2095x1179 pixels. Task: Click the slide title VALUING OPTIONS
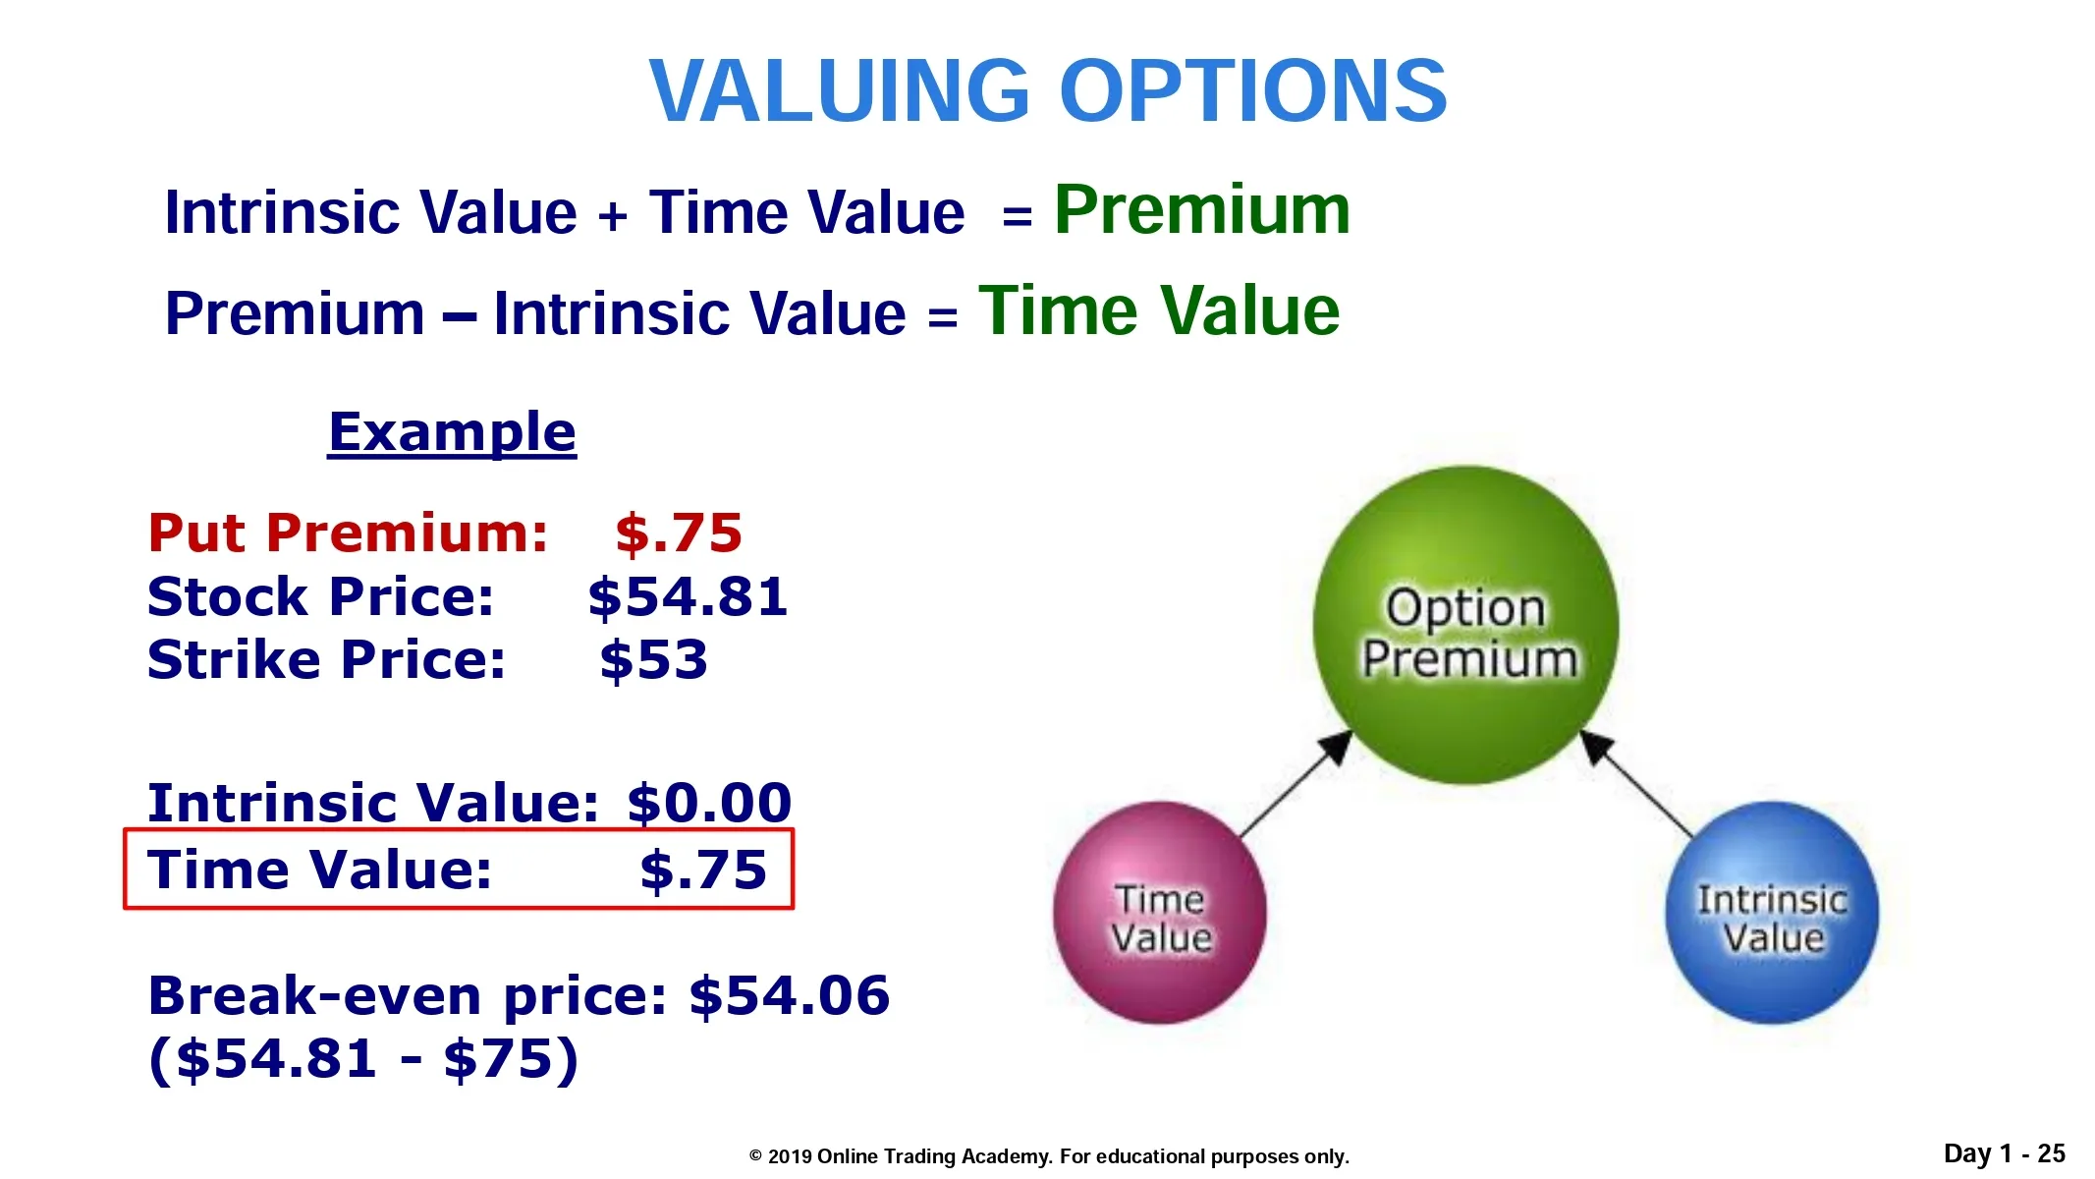(1048, 90)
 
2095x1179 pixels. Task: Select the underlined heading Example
(452, 433)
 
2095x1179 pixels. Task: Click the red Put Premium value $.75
(679, 533)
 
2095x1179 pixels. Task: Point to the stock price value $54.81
(688, 597)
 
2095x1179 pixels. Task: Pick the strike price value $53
(654, 659)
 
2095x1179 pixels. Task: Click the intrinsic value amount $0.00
(709, 803)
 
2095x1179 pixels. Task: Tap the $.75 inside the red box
(703, 870)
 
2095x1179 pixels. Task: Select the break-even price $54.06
(790, 995)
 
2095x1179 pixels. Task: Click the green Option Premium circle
(1465, 625)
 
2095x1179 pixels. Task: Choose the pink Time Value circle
(1160, 914)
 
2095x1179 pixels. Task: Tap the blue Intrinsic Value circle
(1772, 914)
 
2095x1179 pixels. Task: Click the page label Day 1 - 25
(2005, 1153)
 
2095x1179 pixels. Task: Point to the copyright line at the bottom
(1049, 1156)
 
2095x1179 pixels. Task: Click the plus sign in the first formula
(612, 214)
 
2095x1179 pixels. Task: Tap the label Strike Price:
(326, 659)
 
